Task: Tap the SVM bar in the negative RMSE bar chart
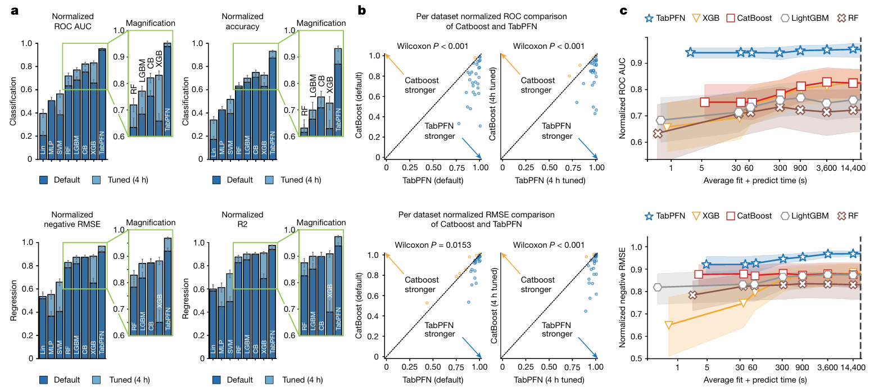(x=60, y=320)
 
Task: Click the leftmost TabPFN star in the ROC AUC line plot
(x=691, y=53)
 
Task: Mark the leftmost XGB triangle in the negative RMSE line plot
(x=669, y=325)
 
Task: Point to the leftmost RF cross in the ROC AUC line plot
(x=657, y=134)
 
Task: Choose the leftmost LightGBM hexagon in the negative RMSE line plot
(x=658, y=287)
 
